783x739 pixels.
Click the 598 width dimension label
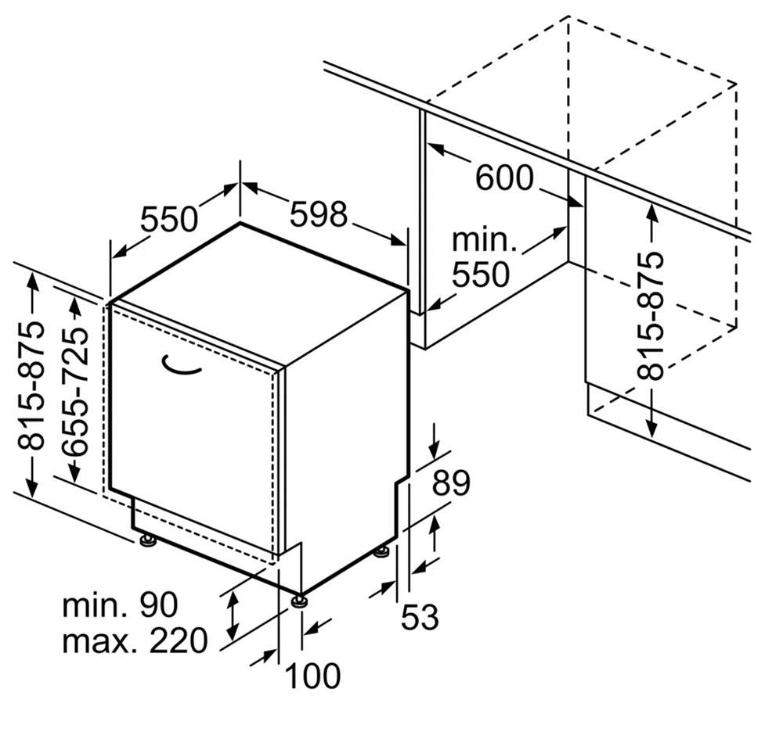click(x=318, y=213)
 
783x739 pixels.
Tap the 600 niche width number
click(x=504, y=178)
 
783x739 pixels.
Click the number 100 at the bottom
click(x=311, y=676)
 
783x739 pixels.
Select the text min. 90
click(x=121, y=604)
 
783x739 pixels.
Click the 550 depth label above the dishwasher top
click(x=169, y=219)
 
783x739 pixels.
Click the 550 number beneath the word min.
click(x=481, y=274)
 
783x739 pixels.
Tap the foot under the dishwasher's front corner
click(x=299, y=601)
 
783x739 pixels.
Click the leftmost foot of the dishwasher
click(x=146, y=540)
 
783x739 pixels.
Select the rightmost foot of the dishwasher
click(x=381, y=553)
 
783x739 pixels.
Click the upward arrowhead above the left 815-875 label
click(x=33, y=277)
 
